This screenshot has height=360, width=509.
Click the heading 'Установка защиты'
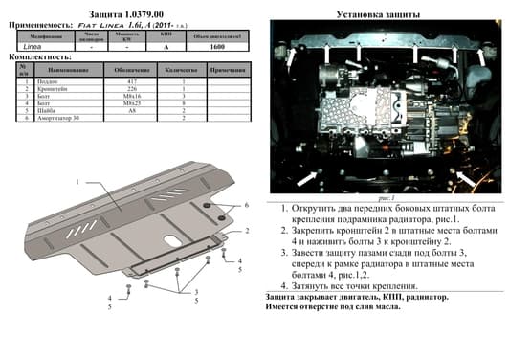point(381,14)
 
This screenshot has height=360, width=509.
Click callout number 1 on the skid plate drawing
point(76,182)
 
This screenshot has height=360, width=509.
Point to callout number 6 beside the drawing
point(245,206)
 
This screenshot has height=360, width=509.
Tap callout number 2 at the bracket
point(245,231)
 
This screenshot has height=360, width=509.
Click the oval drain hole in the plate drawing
point(168,240)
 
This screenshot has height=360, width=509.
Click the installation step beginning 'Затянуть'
point(354,286)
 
